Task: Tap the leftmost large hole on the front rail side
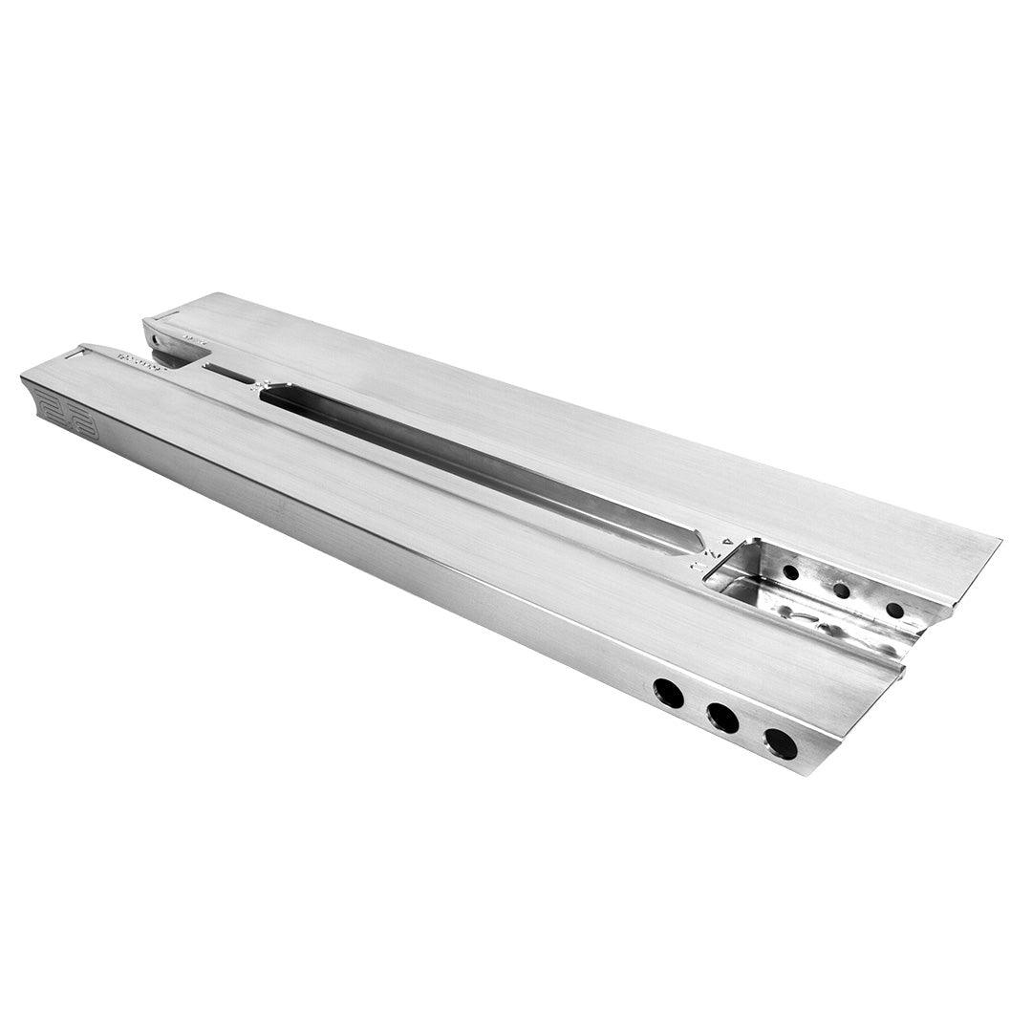pyautogui.click(x=668, y=693)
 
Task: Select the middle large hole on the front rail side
pyautogui.click(x=722, y=717)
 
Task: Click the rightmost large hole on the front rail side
pyautogui.click(x=780, y=742)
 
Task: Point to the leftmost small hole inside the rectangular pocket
pyautogui.click(x=790, y=572)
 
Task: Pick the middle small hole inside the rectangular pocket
pyautogui.click(x=841, y=591)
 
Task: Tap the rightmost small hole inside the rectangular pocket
pyautogui.click(x=894, y=610)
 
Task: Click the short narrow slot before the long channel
pyautogui.click(x=228, y=374)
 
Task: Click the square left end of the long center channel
pyautogui.click(x=268, y=392)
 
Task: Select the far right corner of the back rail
pyautogui.click(x=999, y=540)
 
